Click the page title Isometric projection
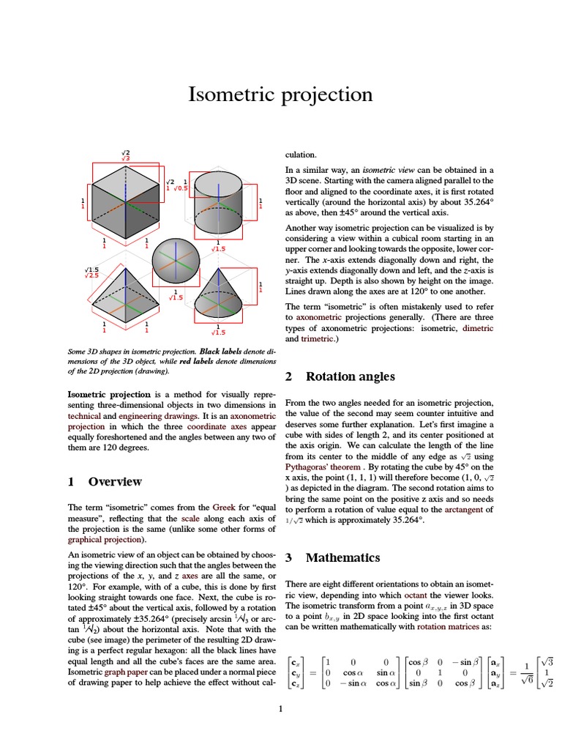click(x=281, y=94)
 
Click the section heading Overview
click(x=115, y=481)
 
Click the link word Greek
click(x=224, y=507)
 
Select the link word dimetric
click(x=479, y=329)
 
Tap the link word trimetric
click(x=317, y=339)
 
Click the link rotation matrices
click(x=447, y=627)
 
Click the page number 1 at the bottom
click(x=280, y=708)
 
